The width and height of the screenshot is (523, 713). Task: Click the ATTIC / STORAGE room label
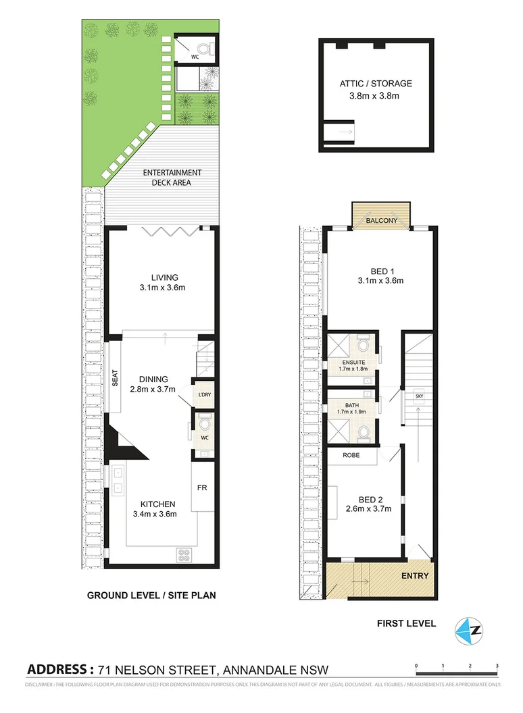click(x=376, y=84)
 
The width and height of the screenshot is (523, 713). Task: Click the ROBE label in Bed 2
click(x=350, y=456)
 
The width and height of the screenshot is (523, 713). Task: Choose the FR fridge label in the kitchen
click(x=201, y=486)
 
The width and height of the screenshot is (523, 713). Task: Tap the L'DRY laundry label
click(x=203, y=395)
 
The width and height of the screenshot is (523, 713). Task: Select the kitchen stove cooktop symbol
click(x=183, y=556)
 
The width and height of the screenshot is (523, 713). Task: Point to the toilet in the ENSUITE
click(x=364, y=347)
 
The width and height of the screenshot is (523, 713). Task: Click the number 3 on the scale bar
click(x=497, y=666)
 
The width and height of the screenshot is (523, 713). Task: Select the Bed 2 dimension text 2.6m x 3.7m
click(x=368, y=509)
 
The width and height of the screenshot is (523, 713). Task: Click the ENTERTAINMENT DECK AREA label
click(x=172, y=177)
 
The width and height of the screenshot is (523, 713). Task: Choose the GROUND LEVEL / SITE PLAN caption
click(x=151, y=596)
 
